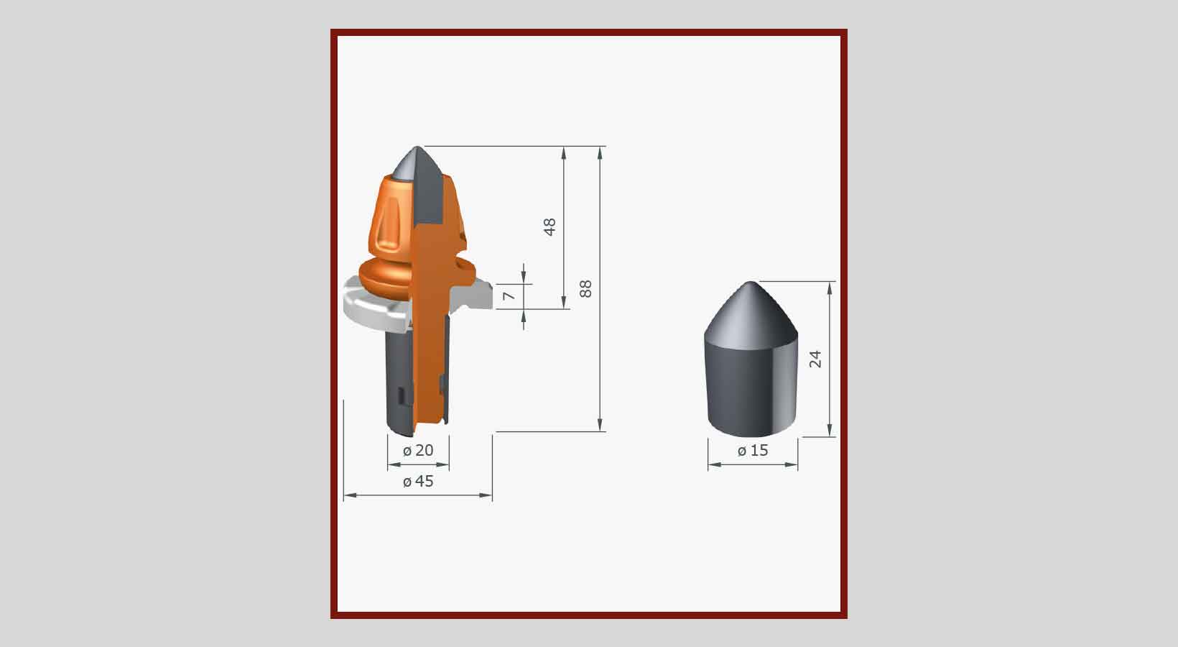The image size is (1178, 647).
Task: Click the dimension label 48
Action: (549, 227)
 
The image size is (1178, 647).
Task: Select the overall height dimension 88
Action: (585, 289)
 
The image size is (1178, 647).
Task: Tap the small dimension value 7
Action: (509, 296)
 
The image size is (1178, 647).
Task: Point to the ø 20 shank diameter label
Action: (418, 451)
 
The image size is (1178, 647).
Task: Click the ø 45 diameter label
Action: (418, 481)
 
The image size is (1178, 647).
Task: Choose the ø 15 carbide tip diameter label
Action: (753, 451)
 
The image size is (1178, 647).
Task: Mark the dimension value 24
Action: (815, 359)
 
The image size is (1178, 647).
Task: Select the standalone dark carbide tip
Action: (751, 359)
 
